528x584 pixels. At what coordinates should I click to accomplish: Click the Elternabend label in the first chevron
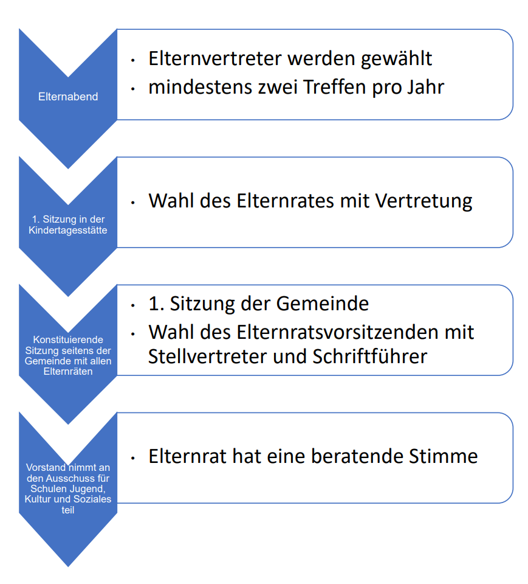67,97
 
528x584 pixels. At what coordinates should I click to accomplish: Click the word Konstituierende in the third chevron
68,339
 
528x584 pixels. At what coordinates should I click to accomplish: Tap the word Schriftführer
370,356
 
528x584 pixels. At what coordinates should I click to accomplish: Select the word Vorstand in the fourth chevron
45,468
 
